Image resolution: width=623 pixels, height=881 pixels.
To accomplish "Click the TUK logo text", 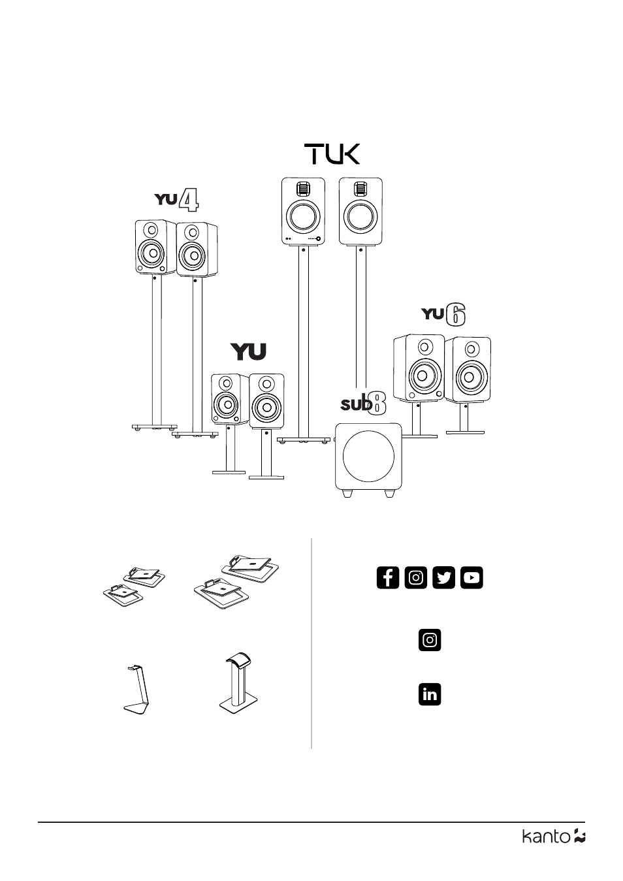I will (x=332, y=155).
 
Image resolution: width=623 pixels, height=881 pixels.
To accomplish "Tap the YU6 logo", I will (x=445, y=315).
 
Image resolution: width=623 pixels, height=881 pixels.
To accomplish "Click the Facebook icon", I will (x=388, y=578).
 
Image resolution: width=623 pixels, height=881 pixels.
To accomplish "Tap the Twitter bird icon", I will (x=444, y=578).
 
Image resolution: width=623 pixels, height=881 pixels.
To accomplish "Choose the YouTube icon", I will (x=471, y=578).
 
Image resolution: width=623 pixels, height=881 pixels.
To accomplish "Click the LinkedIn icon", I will (x=430, y=694).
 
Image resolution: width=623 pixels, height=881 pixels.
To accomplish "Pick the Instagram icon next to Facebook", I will (x=416, y=578).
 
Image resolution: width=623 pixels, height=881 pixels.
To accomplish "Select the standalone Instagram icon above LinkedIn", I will (x=430, y=640).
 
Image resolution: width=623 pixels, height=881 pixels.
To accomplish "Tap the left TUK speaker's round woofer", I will (x=302, y=217).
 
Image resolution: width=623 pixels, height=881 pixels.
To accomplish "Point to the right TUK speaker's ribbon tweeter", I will (x=359, y=189).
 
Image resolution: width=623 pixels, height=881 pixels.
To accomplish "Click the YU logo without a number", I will (x=249, y=352).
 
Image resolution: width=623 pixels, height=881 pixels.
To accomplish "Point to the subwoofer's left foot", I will (x=347, y=494).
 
